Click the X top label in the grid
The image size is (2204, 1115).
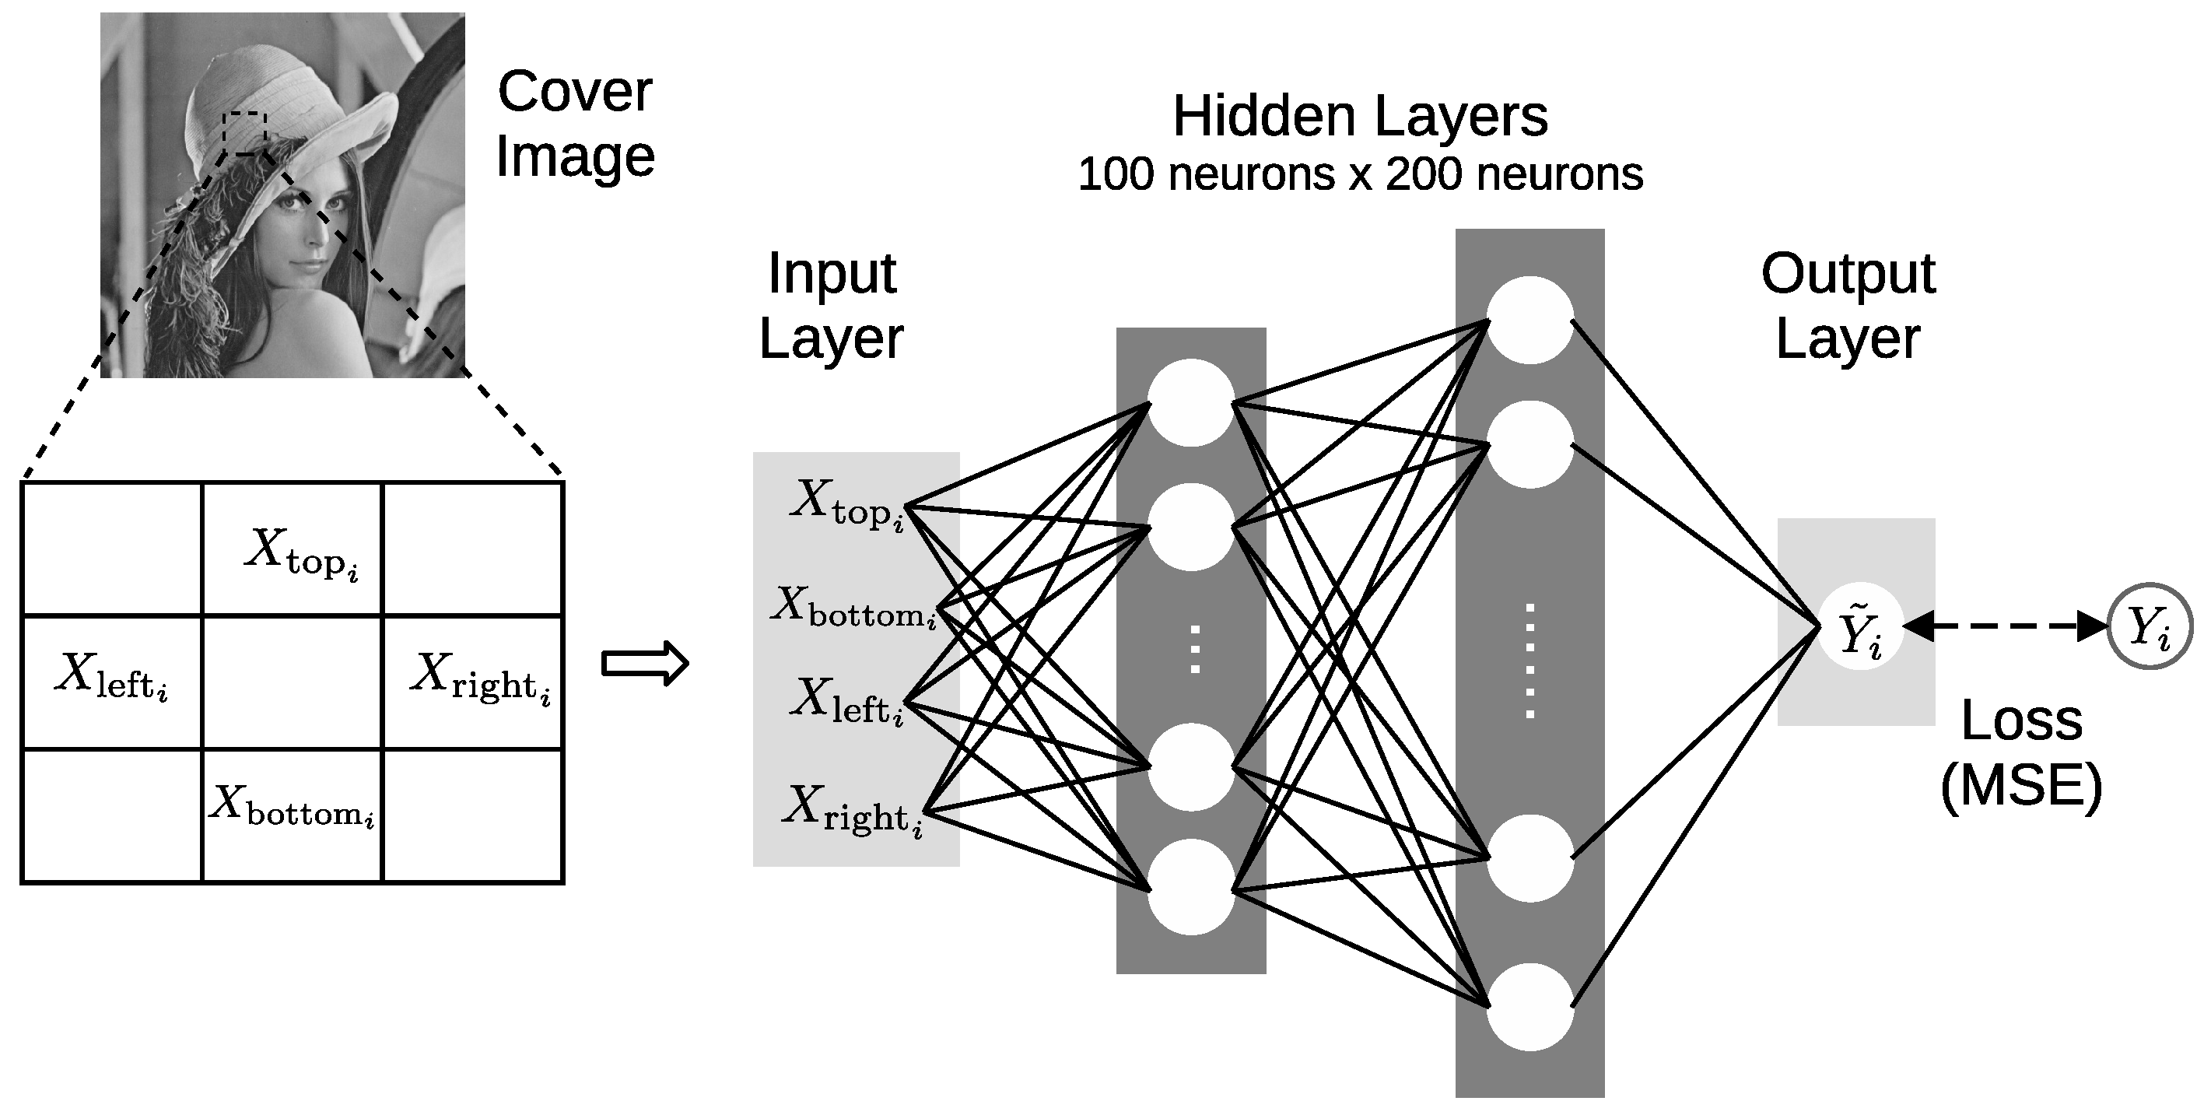[301, 552]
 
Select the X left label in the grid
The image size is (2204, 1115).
[111, 677]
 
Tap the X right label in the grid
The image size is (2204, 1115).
[480, 677]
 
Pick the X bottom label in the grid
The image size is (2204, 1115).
[292, 806]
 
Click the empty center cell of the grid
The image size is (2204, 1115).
[292, 682]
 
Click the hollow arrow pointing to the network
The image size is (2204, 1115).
[645, 663]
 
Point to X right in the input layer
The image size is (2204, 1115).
[852, 809]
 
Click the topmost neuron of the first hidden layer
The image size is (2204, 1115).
[1190, 402]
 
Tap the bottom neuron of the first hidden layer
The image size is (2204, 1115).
[1190, 885]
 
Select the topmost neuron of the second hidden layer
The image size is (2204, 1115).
[1529, 320]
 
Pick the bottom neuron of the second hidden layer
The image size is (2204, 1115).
[1529, 1006]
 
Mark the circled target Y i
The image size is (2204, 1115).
[2150, 627]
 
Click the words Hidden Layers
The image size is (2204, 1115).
[1360, 117]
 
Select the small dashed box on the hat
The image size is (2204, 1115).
[245, 134]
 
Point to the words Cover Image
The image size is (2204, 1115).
[575, 123]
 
